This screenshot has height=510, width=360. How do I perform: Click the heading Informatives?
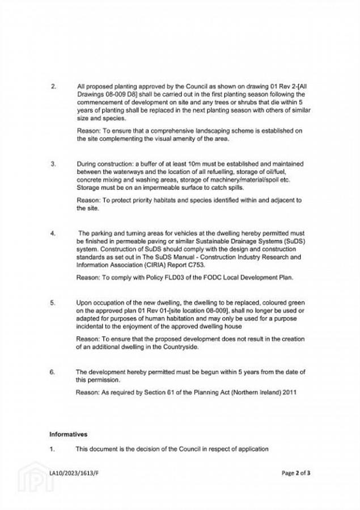click(68, 435)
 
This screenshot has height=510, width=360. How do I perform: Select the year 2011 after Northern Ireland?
click(289, 392)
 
